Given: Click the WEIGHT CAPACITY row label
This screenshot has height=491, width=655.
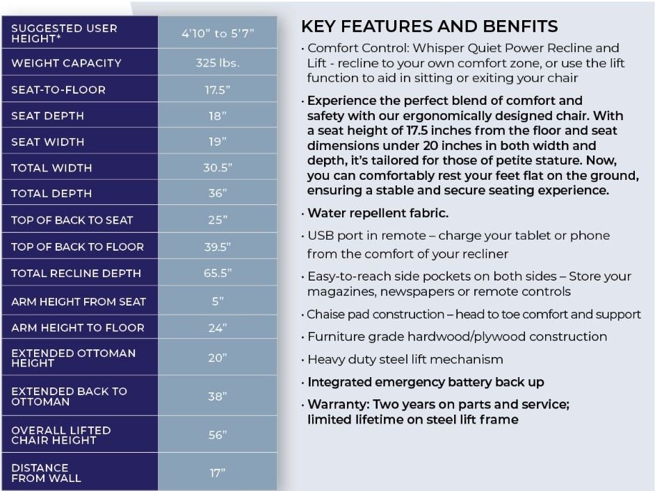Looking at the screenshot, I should click(x=66, y=63).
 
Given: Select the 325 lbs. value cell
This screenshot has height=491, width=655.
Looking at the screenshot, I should click(x=217, y=63).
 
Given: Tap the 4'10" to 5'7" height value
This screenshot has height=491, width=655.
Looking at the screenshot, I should click(x=217, y=33).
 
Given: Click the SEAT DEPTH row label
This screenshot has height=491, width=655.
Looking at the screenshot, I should click(x=47, y=116).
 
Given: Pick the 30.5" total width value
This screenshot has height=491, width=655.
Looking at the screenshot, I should click(x=217, y=168).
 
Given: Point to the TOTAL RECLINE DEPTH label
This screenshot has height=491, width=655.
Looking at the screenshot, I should click(x=76, y=274).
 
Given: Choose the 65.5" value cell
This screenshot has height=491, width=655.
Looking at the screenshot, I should click(x=217, y=274).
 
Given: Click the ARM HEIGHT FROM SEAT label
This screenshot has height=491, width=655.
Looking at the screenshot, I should click(x=79, y=301).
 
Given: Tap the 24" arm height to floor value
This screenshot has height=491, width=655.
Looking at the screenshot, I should click(x=217, y=328).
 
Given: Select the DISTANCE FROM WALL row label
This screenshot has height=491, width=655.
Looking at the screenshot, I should click(x=46, y=473).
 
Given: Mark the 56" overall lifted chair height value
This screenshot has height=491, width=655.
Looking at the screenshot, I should click(x=217, y=435).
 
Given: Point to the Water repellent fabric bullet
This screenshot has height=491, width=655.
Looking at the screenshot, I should click(x=378, y=213).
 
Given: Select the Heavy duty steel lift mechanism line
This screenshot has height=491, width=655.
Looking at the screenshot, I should click(x=405, y=360).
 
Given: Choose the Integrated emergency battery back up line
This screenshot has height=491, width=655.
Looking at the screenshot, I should click(x=426, y=382).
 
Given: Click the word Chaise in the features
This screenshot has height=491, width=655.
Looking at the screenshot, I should click(x=327, y=315).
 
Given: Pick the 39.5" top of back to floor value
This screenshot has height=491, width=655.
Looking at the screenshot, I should click(x=217, y=247).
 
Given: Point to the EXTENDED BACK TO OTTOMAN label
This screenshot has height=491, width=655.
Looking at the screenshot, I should click(x=69, y=396).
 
